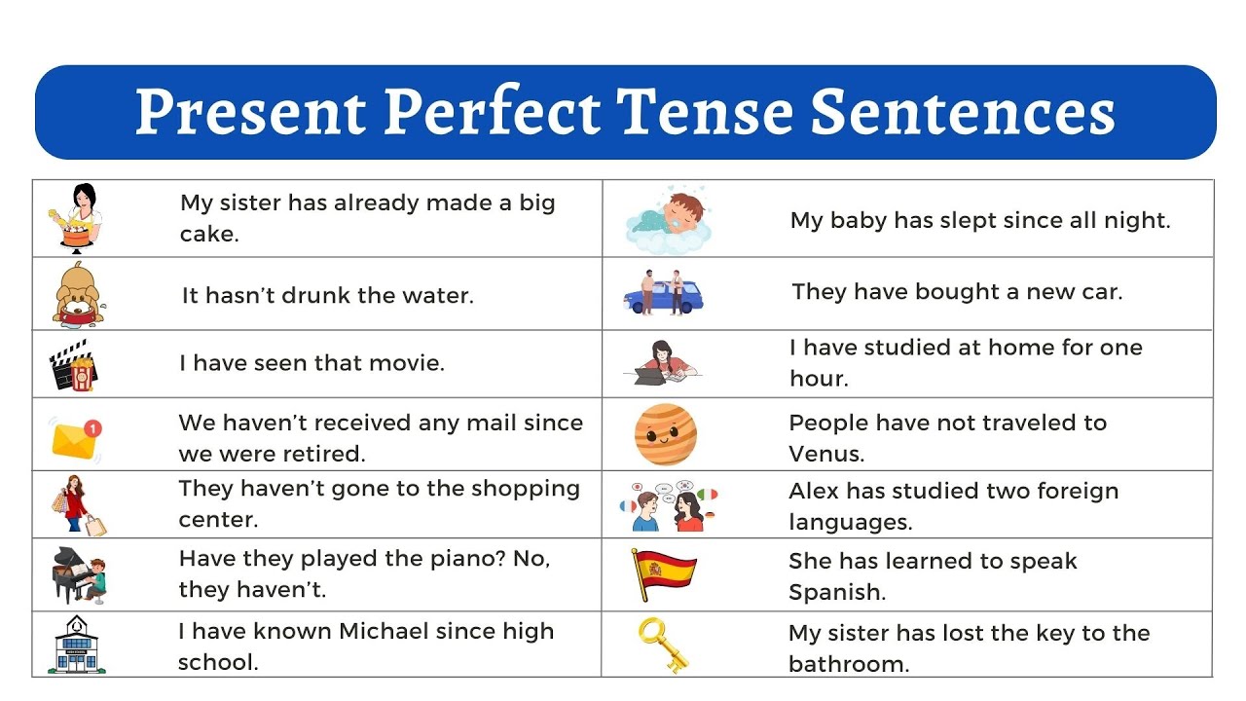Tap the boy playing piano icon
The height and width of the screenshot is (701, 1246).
[79, 574]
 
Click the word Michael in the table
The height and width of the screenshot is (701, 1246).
[384, 631]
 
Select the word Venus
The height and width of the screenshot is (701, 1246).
[825, 454]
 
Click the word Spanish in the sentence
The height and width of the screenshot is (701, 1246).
[835, 592]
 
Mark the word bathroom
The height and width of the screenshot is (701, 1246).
[847, 664]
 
